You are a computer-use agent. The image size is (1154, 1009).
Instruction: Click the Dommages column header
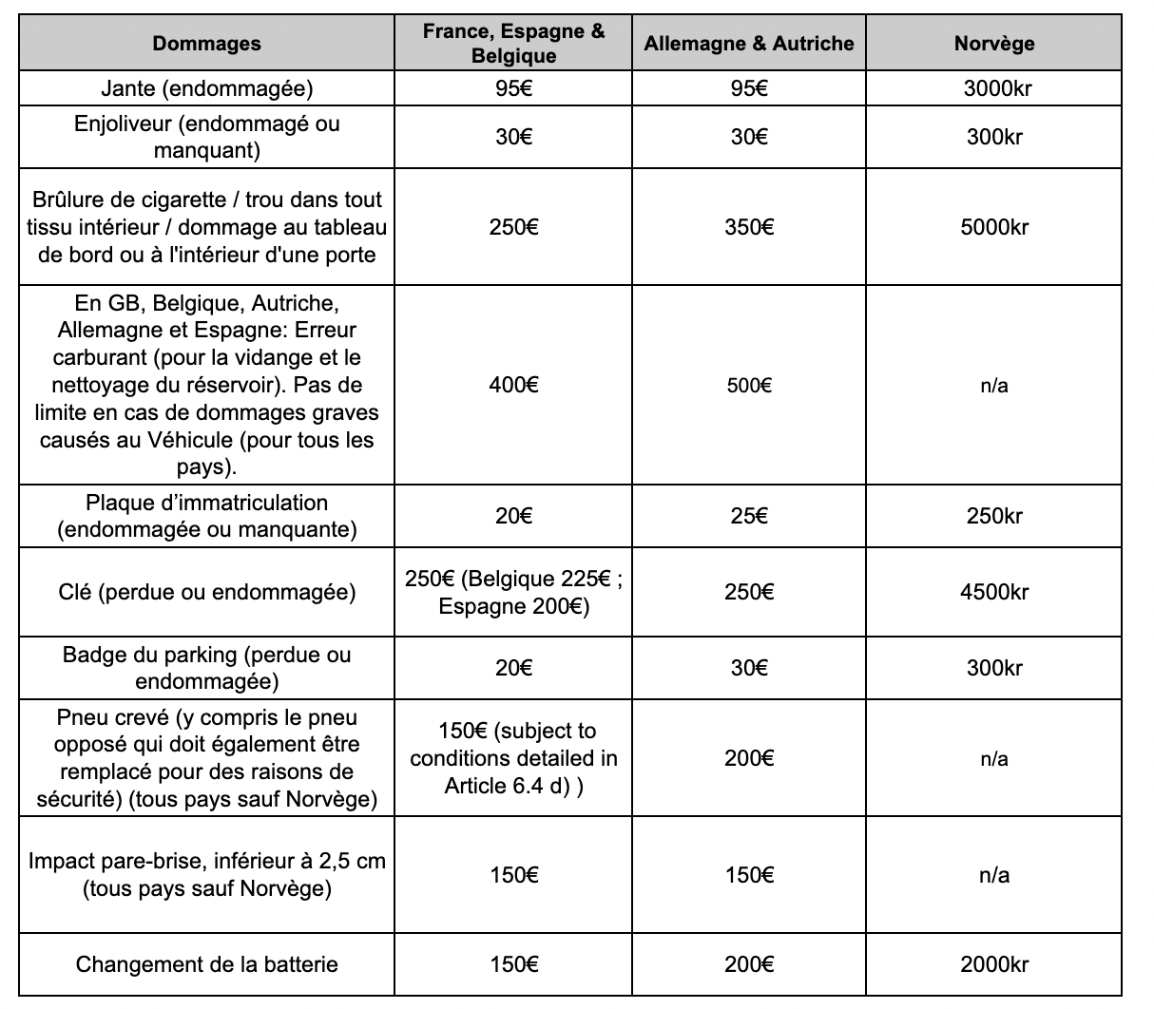click(x=206, y=44)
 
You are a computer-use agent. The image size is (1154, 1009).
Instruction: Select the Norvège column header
click(x=993, y=44)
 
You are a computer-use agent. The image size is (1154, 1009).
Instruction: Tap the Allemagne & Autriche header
click(x=748, y=44)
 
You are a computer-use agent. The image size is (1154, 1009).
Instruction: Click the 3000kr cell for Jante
click(x=993, y=89)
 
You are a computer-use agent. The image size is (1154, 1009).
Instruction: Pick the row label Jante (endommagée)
click(x=206, y=89)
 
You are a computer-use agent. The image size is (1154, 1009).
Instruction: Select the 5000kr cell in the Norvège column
click(x=993, y=227)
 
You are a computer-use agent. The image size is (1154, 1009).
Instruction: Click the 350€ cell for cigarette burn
click(x=748, y=227)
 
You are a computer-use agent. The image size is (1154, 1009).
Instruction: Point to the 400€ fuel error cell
click(x=513, y=385)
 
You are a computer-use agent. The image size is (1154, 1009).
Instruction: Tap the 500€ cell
click(x=748, y=385)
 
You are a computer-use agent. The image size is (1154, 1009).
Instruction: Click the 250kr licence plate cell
click(x=993, y=516)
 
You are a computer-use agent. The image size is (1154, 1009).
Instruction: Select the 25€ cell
click(x=748, y=516)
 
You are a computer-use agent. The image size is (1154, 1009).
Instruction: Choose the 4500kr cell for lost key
click(x=993, y=592)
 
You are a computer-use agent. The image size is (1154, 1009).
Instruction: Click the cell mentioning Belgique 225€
click(x=513, y=592)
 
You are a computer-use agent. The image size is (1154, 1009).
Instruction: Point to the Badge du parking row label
click(x=206, y=668)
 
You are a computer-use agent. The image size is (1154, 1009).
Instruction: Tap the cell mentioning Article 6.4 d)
click(x=513, y=758)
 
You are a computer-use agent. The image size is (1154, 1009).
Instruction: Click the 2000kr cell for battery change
click(x=993, y=964)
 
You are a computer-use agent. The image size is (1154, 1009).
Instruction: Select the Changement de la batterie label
click(x=206, y=964)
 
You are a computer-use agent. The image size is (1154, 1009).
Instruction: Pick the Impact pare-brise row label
click(x=206, y=875)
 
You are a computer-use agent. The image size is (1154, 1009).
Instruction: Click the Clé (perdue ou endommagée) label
click(x=206, y=592)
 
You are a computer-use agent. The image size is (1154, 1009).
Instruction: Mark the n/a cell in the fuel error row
click(x=993, y=385)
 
